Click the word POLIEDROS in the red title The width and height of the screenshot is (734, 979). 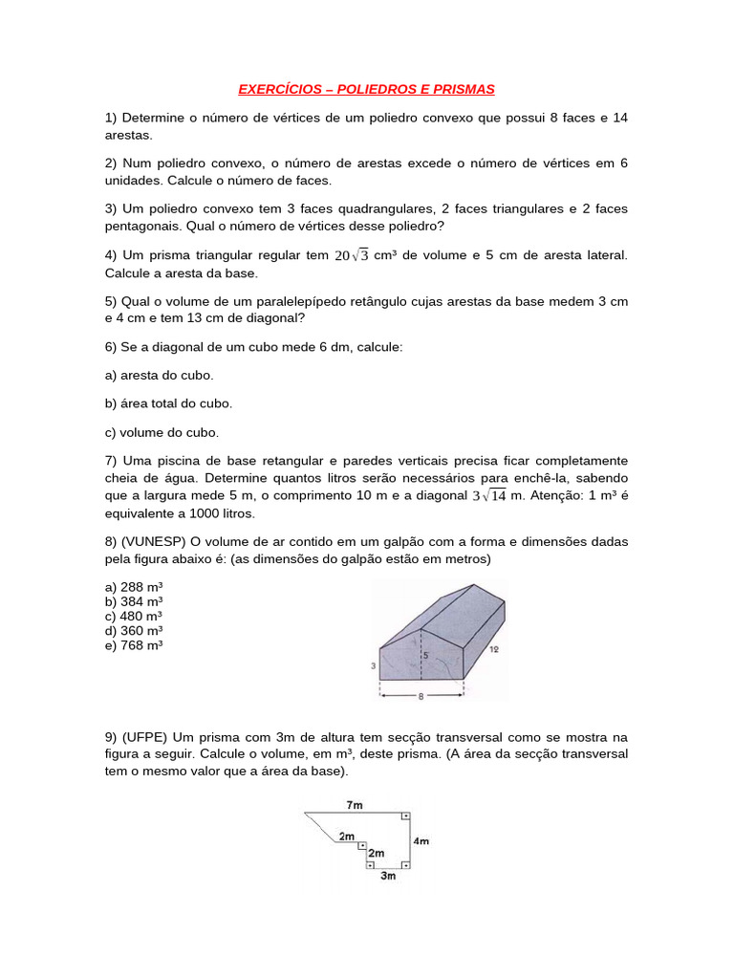378,89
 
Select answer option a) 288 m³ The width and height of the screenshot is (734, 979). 134,586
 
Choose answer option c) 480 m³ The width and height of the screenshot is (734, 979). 134,616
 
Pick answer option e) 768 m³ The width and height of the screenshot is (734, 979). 134,645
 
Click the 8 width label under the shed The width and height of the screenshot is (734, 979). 420,697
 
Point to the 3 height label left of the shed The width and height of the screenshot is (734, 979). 373,663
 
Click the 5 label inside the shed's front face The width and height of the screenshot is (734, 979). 425,655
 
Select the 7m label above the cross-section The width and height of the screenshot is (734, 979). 355,805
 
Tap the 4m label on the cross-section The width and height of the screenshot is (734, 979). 421,841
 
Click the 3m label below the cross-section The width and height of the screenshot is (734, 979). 388,876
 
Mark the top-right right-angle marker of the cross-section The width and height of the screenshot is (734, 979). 405,816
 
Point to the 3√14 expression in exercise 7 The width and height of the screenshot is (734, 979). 489,495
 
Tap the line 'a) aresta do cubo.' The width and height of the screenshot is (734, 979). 159,375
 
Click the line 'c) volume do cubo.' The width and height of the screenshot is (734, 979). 162,432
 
